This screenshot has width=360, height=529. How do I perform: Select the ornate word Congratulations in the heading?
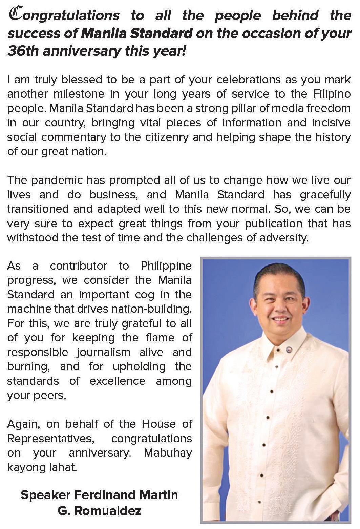[64, 15]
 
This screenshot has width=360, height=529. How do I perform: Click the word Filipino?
[332, 94]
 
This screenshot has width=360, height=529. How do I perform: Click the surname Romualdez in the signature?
[107, 511]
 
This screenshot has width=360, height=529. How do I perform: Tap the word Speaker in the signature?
[45, 495]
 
